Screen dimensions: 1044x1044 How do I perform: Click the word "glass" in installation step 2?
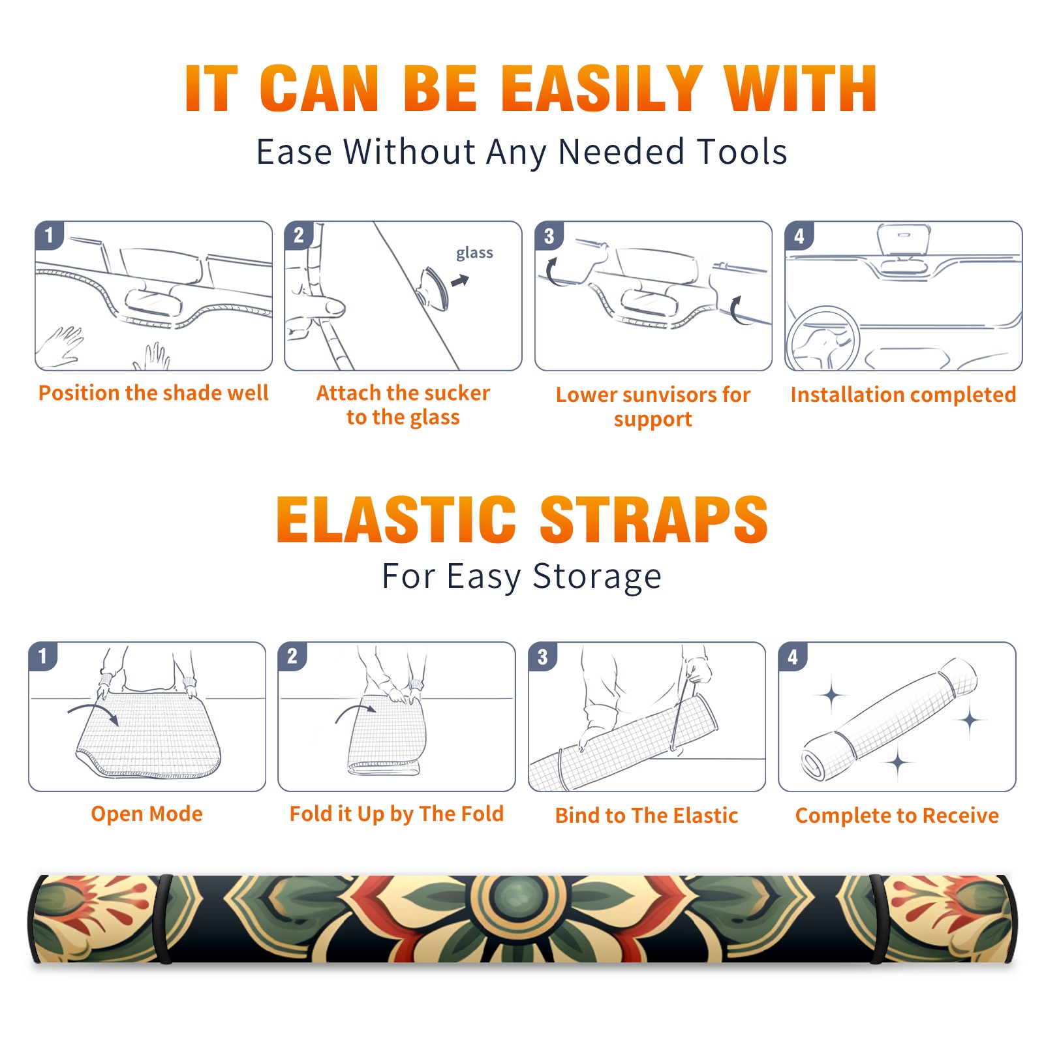(474, 253)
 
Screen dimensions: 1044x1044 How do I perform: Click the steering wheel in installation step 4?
(823, 339)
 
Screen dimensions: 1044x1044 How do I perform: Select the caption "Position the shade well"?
(153, 393)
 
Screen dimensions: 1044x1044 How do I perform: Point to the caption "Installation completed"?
(903, 394)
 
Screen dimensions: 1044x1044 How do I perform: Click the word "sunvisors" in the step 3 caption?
(669, 395)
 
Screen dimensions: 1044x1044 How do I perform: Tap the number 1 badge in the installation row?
(49, 235)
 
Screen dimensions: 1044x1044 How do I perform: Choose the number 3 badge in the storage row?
(542, 656)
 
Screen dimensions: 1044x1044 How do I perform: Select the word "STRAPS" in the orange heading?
(654, 519)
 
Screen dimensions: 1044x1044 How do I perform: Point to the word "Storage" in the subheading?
(597, 577)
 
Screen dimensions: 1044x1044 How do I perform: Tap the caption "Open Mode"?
(147, 814)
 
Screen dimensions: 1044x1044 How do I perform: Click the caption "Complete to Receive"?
(897, 816)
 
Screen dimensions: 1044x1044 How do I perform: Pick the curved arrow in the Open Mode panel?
(93, 711)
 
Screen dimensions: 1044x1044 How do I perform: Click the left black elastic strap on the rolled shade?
(165, 919)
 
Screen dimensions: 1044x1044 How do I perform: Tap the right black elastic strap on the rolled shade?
(876, 919)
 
